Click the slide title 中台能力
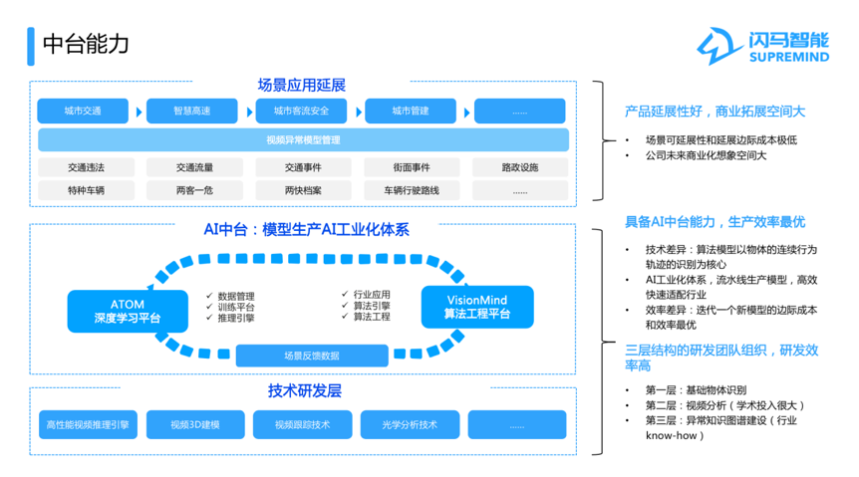coord(86,45)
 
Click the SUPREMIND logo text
coord(789,57)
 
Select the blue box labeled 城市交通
coord(83,112)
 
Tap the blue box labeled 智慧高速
coord(192,112)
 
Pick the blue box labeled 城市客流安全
coord(301,112)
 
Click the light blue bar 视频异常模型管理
coord(304,140)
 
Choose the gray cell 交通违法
coord(86,167)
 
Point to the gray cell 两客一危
coord(194,190)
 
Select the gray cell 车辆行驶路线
coord(412,190)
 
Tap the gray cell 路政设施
coord(520,167)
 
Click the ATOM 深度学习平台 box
coord(128,311)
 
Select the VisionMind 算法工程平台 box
coord(477,307)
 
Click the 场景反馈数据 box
coord(312,356)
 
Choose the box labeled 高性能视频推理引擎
coord(88,425)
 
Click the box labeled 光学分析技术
coord(410,425)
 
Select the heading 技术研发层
coord(305,391)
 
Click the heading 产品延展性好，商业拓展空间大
coord(715,112)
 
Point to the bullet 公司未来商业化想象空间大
coord(706,155)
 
